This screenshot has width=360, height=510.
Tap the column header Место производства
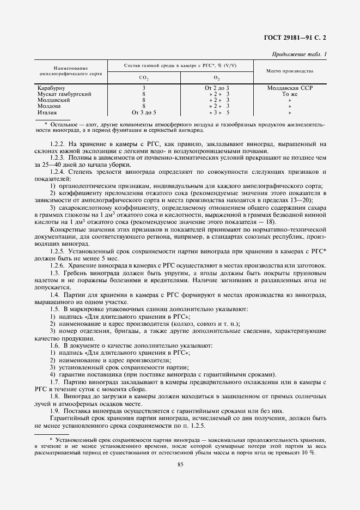tap(289, 71)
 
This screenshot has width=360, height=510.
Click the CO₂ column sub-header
tap(144, 78)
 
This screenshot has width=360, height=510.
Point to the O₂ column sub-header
tap(217, 78)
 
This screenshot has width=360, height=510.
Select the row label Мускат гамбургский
tap(64, 94)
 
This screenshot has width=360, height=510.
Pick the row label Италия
tap(47, 112)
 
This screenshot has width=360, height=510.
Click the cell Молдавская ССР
tap(290, 88)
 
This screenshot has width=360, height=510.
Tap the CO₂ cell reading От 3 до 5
tap(144, 112)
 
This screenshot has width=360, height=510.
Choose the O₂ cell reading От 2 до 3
tap(217, 88)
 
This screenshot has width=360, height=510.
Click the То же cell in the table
tap(290, 94)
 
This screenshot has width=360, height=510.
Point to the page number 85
tap(180, 464)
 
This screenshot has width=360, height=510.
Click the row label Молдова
tap(50, 106)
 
